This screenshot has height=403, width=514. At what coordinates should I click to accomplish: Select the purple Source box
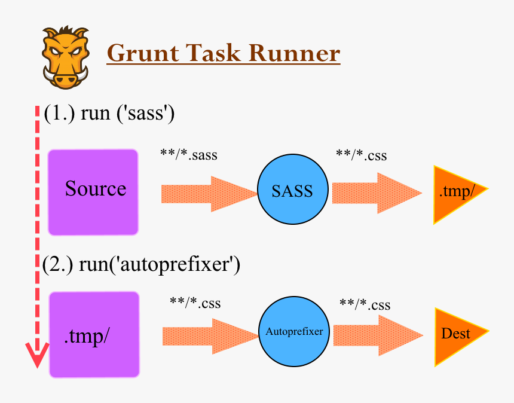(x=93, y=192)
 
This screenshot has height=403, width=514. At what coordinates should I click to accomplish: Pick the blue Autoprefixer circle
(x=294, y=331)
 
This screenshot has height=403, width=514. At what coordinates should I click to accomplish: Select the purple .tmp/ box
(x=94, y=335)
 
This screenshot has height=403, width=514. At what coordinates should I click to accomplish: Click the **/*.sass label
(x=189, y=155)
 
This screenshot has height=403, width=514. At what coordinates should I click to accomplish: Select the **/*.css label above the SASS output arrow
(x=361, y=155)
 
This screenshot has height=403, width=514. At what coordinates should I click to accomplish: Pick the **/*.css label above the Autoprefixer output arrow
(x=365, y=305)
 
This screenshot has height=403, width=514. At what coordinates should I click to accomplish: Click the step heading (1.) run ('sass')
(x=109, y=113)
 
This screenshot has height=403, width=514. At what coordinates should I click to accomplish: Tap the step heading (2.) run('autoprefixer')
(x=141, y=264)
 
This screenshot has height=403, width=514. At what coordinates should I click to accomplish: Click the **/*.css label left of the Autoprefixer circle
(x=195, y=303)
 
